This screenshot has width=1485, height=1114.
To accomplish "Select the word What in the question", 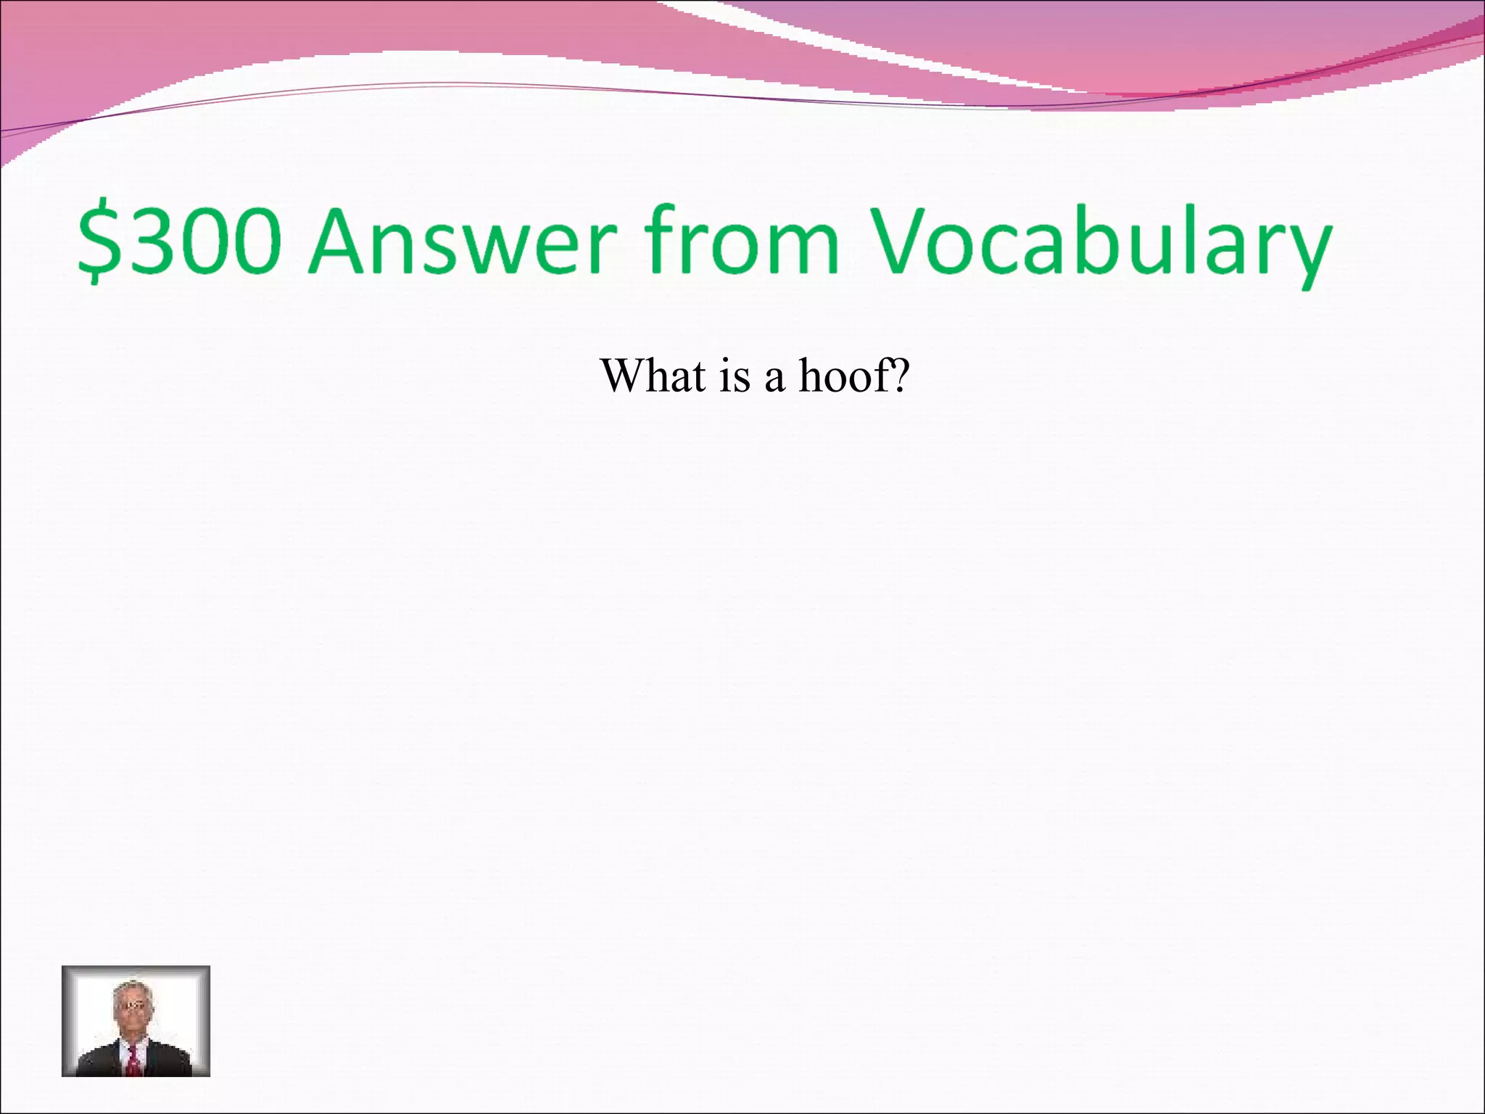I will [653, 376].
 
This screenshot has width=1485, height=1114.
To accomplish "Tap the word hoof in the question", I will [845, 376].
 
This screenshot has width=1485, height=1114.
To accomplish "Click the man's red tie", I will [134, 1060].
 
